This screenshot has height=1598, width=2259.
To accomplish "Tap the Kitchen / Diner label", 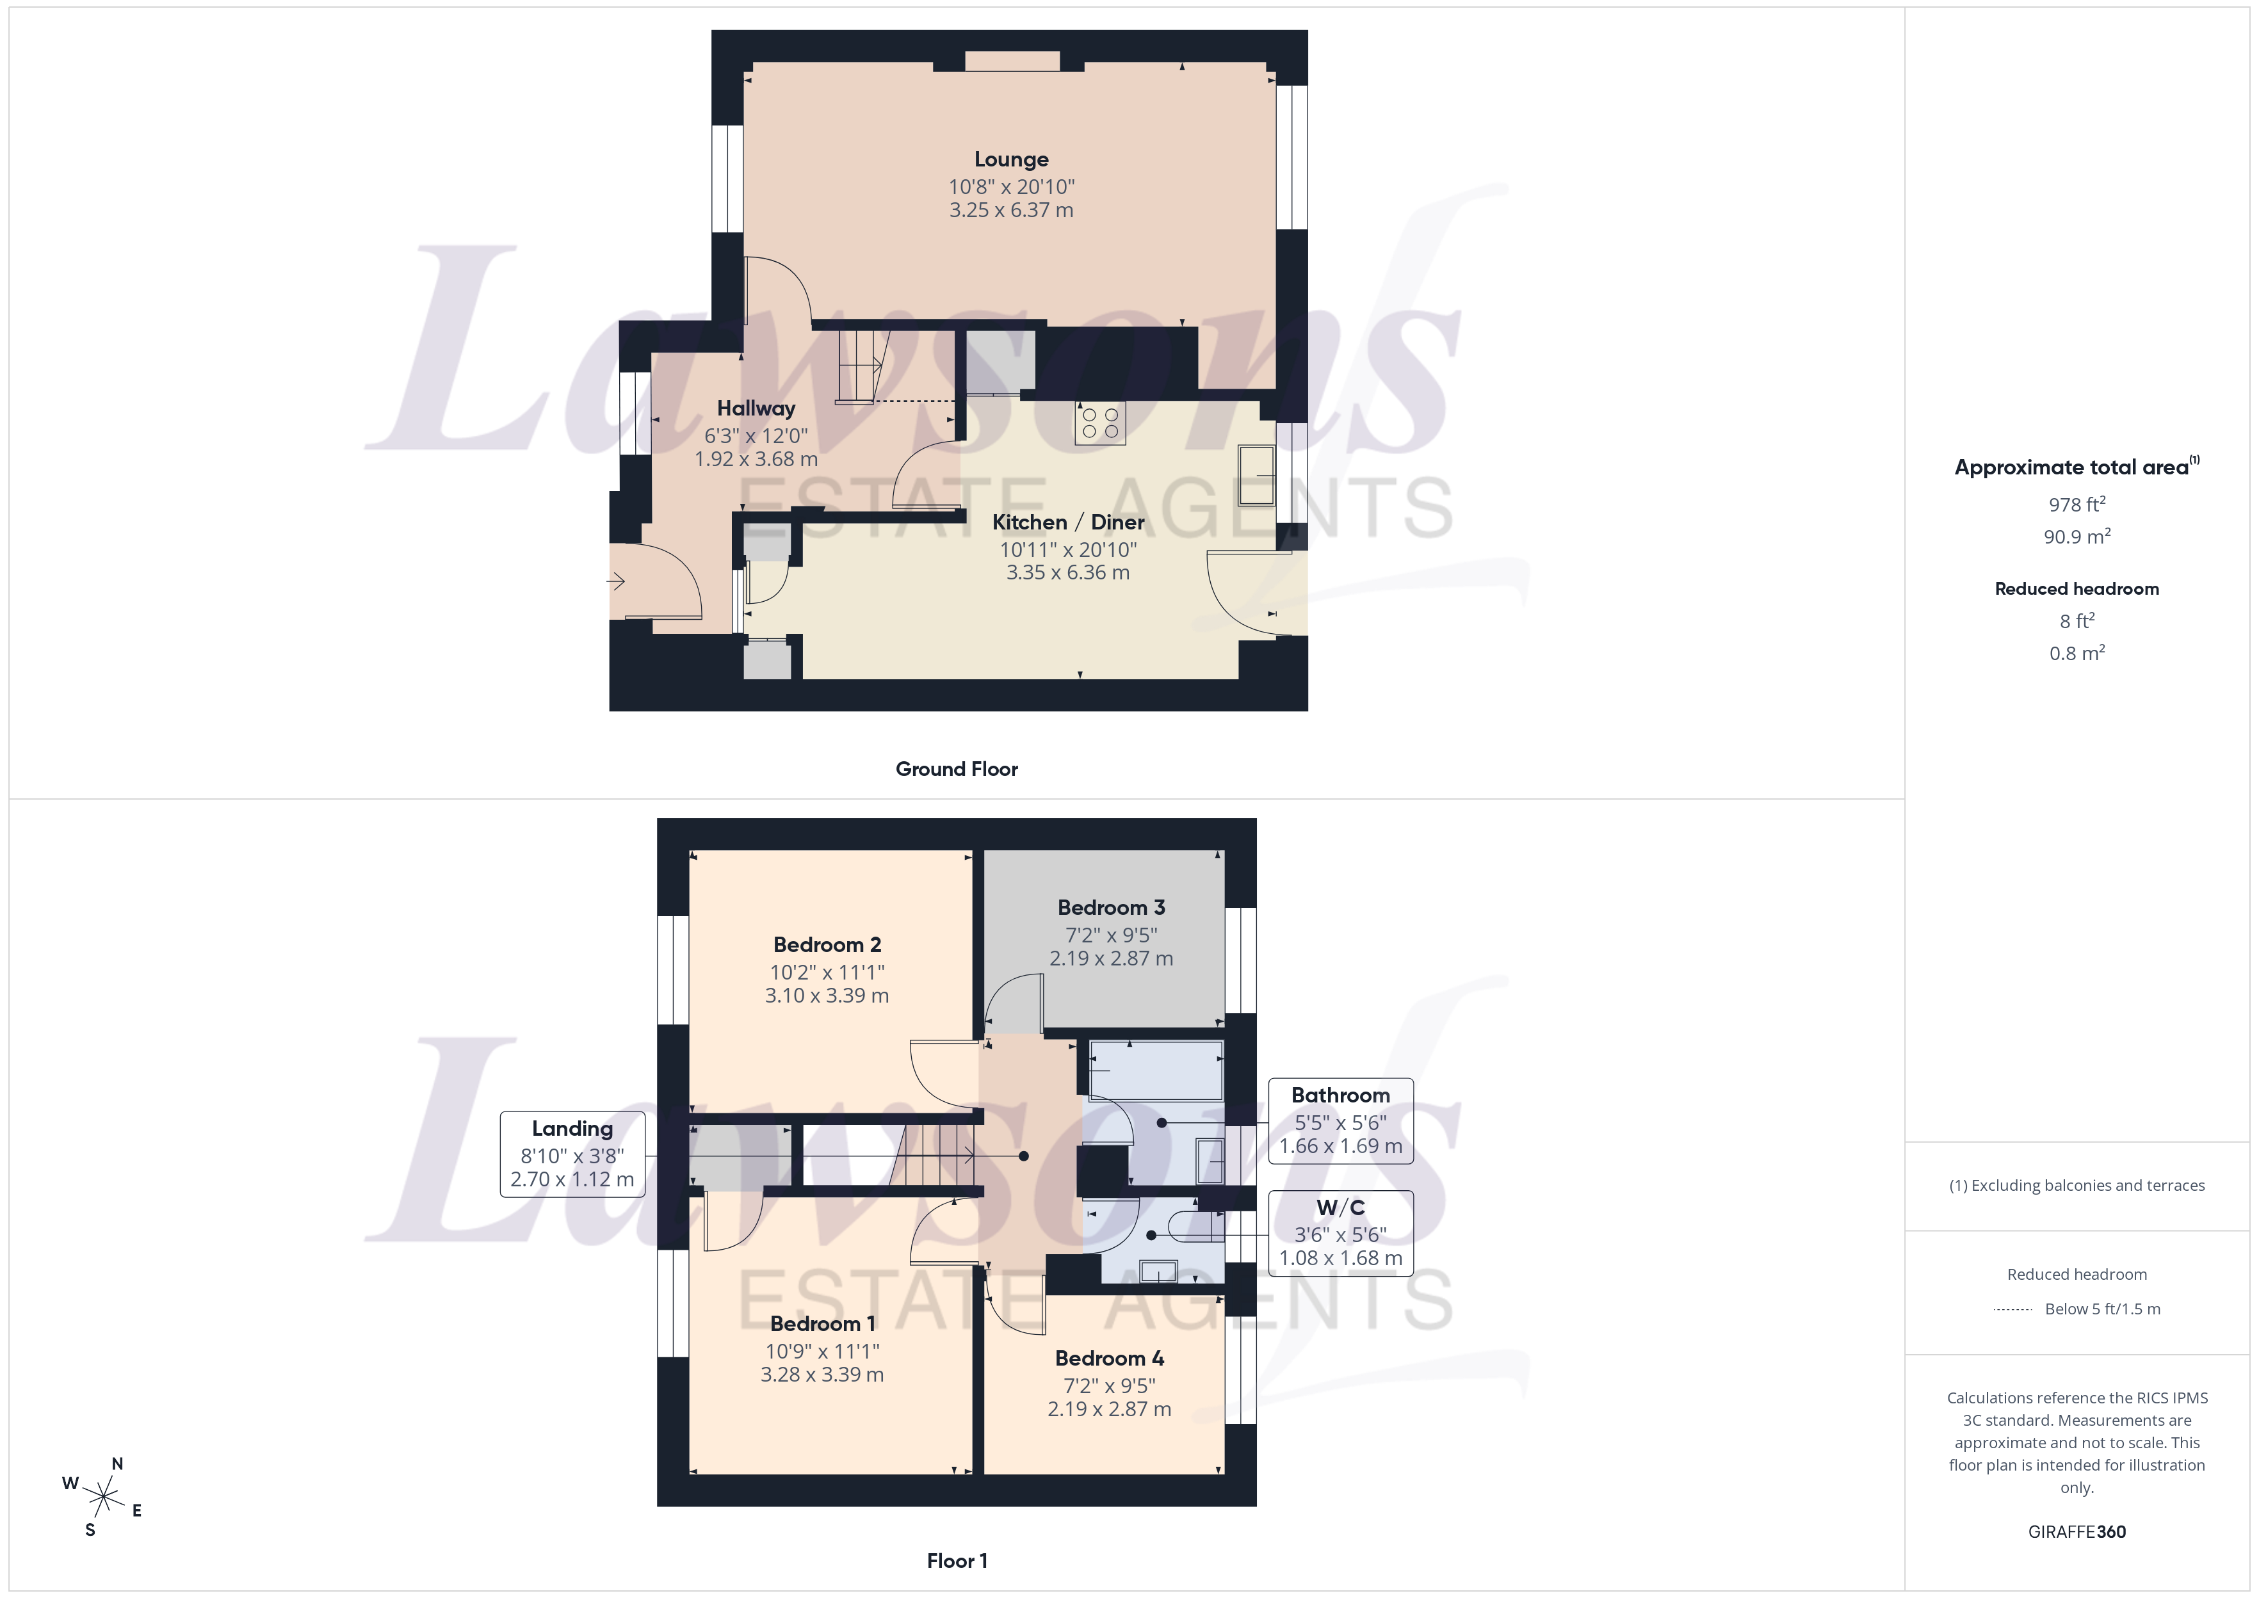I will pos(1067,522).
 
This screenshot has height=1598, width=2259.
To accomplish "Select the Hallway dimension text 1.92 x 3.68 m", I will pos(756,458).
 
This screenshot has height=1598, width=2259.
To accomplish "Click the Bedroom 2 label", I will pos(827,944).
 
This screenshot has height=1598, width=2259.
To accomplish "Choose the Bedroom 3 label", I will pos(1111,907).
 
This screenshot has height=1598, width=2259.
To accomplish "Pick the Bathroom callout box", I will pos(1340,1121).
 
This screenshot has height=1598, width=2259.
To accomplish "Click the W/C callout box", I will pos(1340,1233).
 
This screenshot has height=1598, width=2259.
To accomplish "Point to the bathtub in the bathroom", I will pos(1156,1070).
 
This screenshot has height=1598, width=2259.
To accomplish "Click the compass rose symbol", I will pos(103,1497).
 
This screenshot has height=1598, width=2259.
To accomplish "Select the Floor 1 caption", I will pos(957,1561).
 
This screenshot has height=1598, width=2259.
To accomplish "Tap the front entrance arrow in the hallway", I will pos(616,581).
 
